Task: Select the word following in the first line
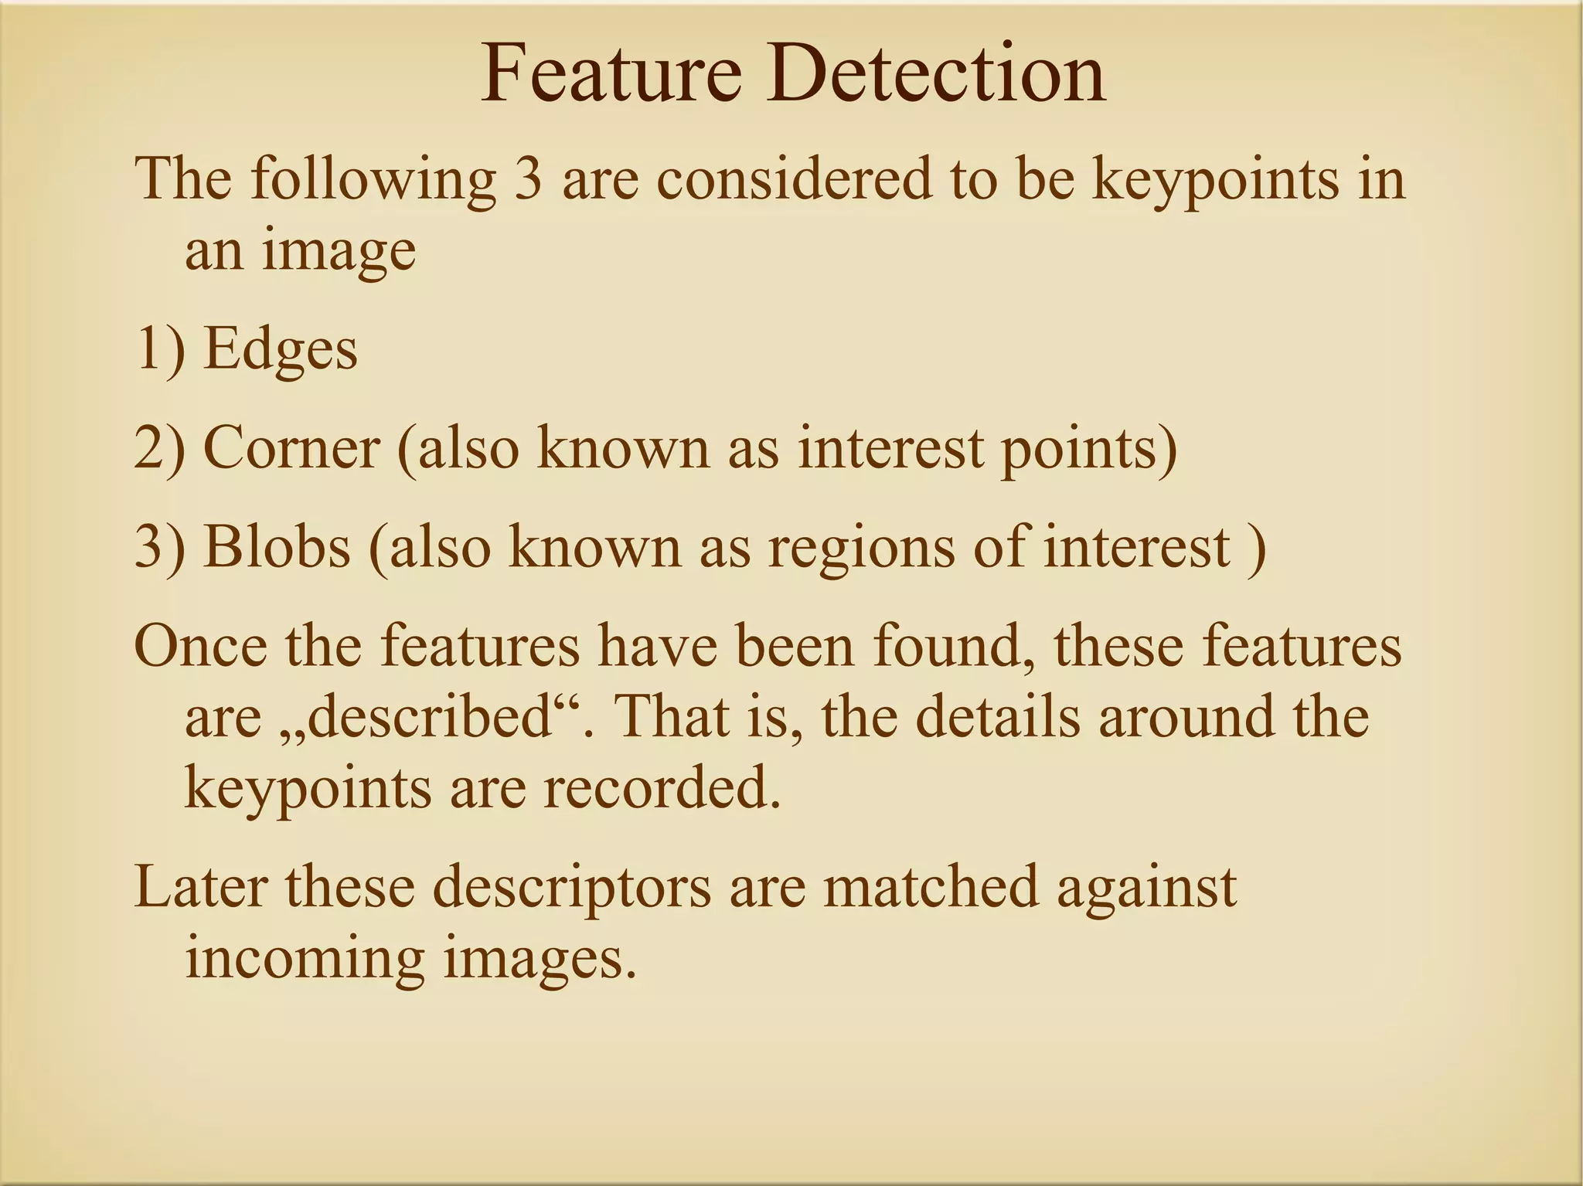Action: (x=373, y=180)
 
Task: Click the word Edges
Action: (x=280, y=350)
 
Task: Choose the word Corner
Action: (x=291, y=448)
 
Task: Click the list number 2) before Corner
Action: (x=160, y=448)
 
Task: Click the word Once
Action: (x=200, y=646)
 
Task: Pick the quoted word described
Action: (x=430, y=717)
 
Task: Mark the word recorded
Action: (x=661, y=788)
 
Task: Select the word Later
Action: (x=200, y=887)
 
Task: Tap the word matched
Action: (x=931, y=887)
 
